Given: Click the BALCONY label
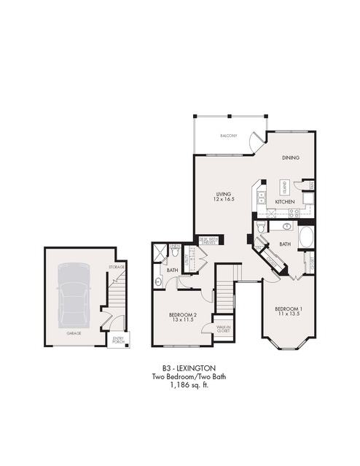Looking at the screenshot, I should click(x=229, y=136).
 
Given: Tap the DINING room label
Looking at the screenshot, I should click(x=291, y=158).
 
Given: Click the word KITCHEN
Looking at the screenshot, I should click(x=284, y=201).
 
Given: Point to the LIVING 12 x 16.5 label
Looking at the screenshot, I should click(x=223, y=196).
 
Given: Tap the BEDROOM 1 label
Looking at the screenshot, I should click(x=288, y=311).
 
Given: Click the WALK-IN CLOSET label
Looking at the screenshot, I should click(x=223, y=330).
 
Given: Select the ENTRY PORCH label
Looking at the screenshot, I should click(x=118, y=338).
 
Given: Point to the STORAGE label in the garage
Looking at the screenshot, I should click(x=117, y=268).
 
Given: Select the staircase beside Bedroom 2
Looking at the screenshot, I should click(x=227, y=290).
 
